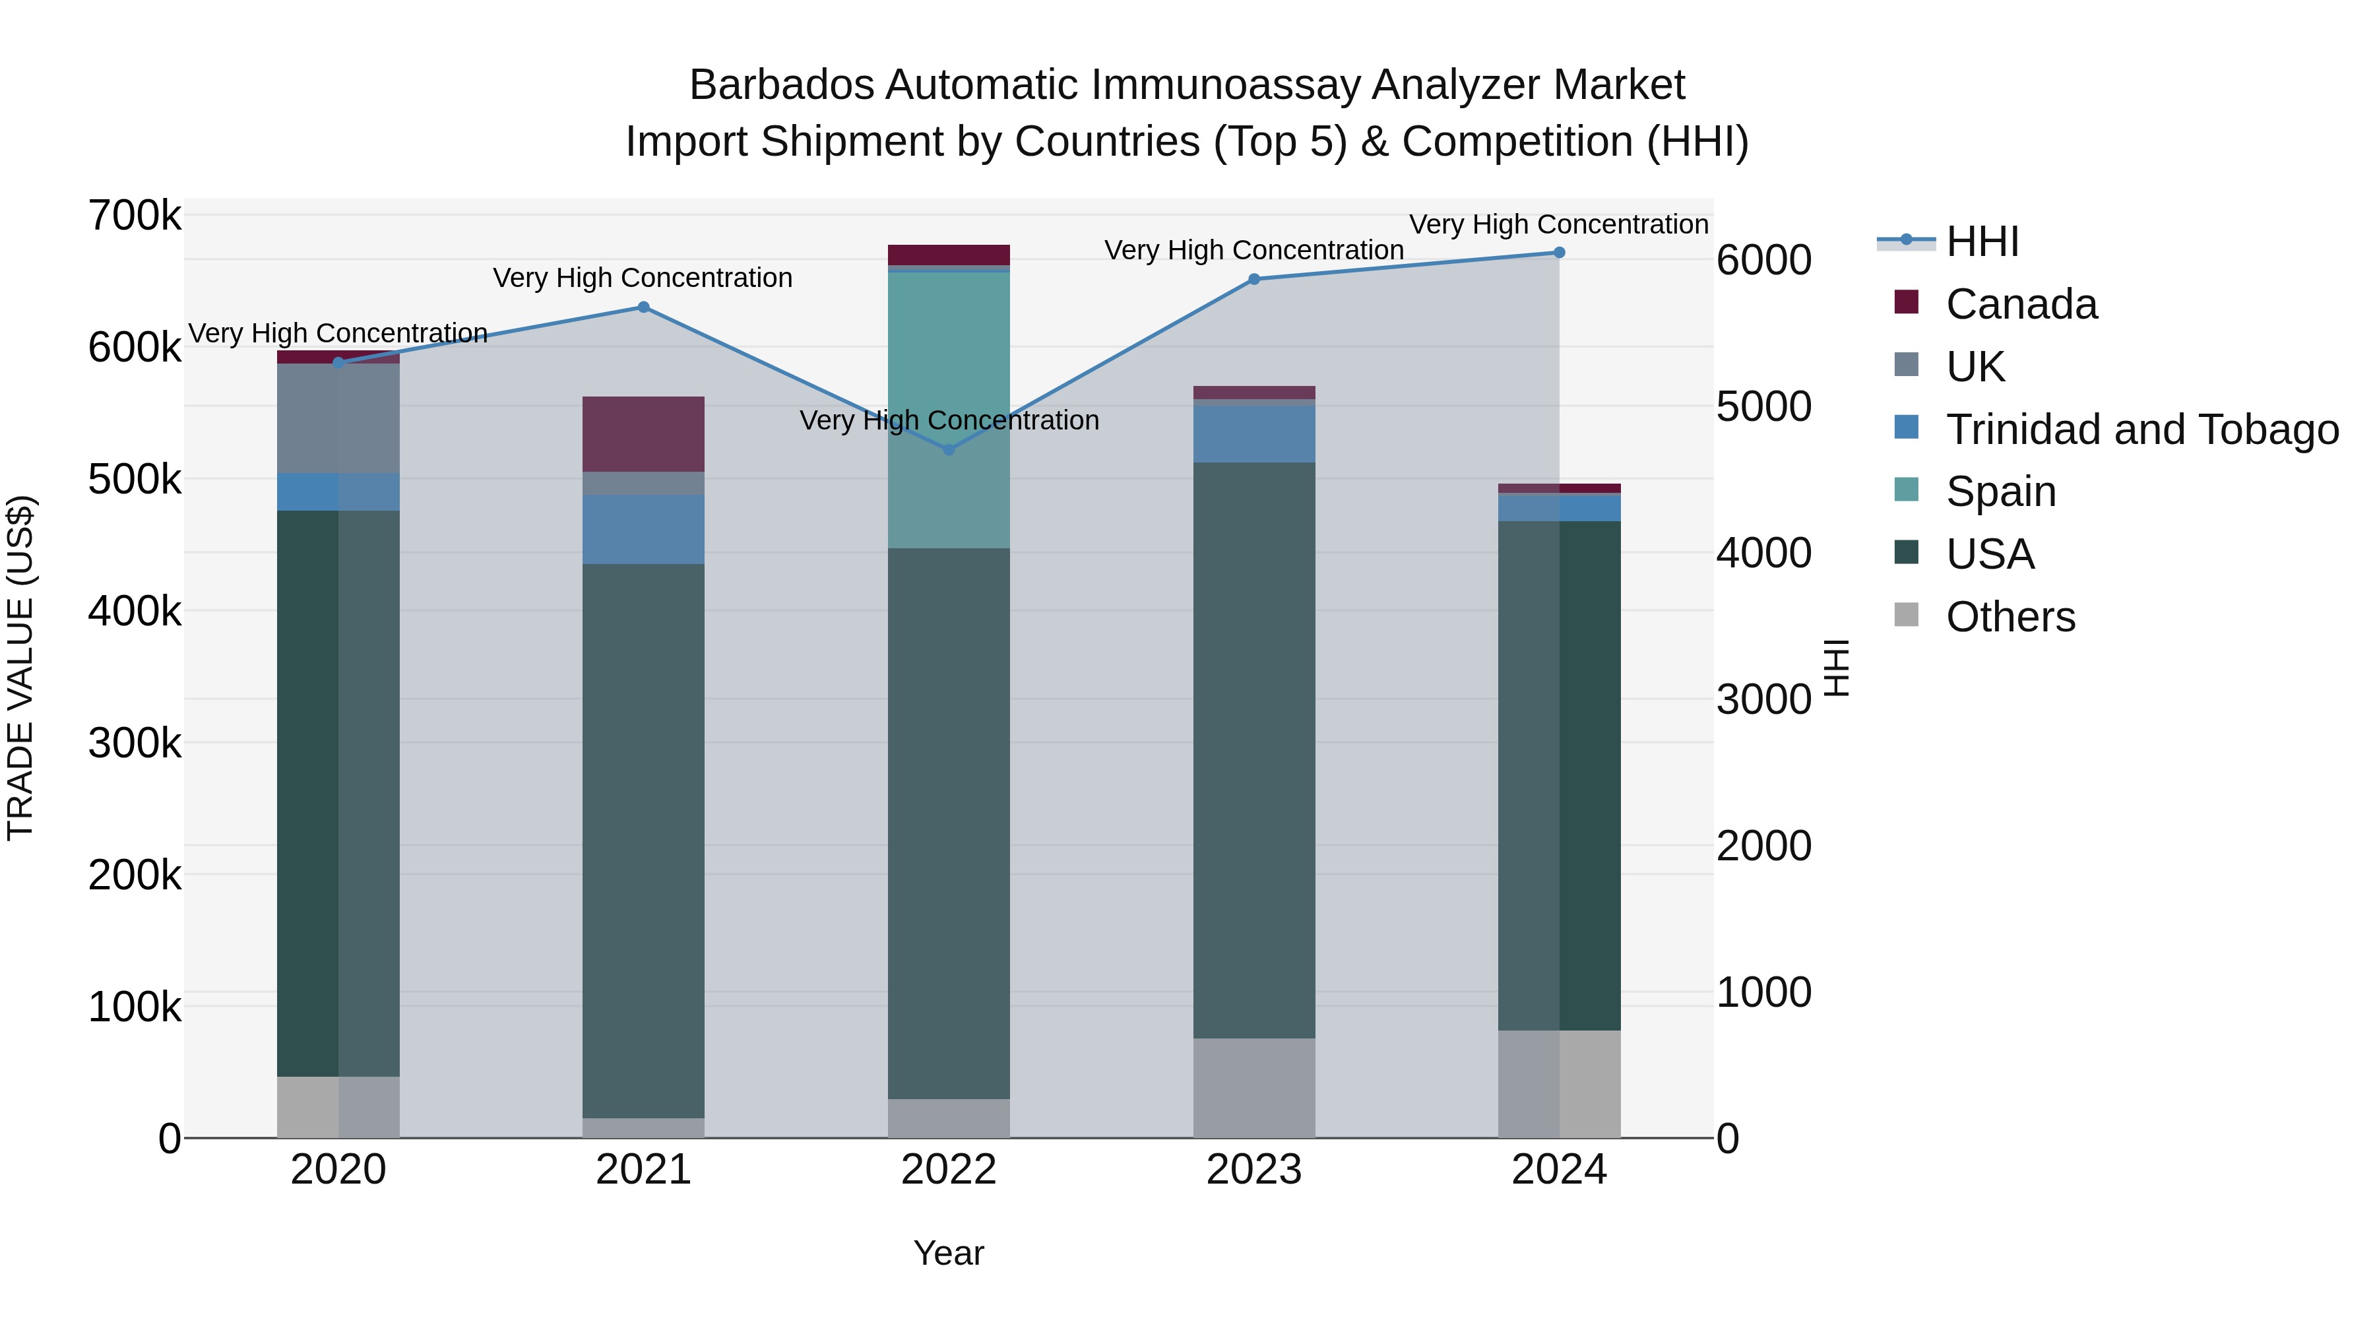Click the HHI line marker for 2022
pos(949,450)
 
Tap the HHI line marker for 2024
pos(1559,253)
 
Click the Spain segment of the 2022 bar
pos(949,410)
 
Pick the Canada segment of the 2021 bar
pos(643,434)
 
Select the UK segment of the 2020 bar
pos(338,418)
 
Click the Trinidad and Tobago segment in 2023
pos(1254,433)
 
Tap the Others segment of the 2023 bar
pos(1254,1088)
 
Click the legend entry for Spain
pos(2001,492)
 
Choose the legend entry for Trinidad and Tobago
pos(2141,429)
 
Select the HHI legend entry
pos(1982,241)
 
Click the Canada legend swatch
pos(1906,302)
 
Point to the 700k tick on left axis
pos(135,216)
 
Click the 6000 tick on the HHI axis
pos(1763,260)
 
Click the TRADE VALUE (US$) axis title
pos(20,668)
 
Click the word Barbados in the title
pos(782,86)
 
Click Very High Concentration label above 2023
pos(1254,251)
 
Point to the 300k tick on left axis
pos(135,743)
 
